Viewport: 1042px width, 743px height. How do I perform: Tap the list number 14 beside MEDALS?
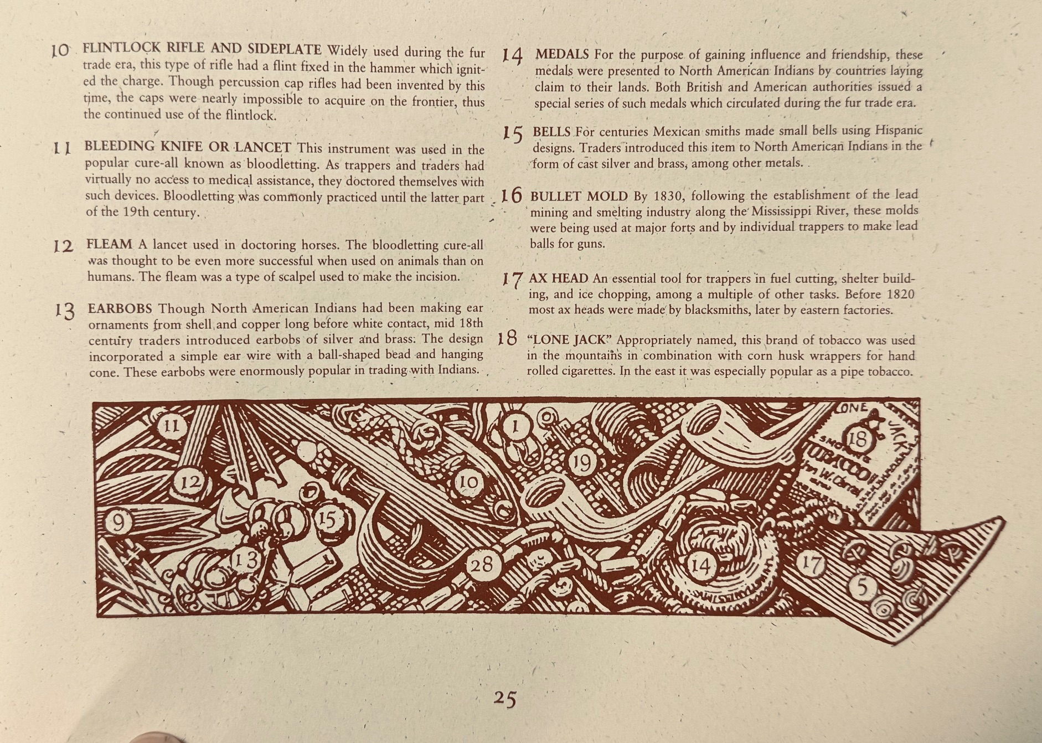point(513,56)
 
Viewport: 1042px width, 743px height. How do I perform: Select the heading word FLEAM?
point(109,244)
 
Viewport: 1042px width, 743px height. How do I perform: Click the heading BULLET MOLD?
point(579,197)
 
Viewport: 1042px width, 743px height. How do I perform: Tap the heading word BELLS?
point(551,132)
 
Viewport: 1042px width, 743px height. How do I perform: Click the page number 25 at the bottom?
point(505,699)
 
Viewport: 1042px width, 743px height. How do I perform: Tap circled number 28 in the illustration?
point(482,565)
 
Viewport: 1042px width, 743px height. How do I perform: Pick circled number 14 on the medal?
point(701,566)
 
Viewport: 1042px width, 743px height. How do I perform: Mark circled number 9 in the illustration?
point(117,522)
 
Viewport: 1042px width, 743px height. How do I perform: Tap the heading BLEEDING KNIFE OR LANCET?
point(188,147)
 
